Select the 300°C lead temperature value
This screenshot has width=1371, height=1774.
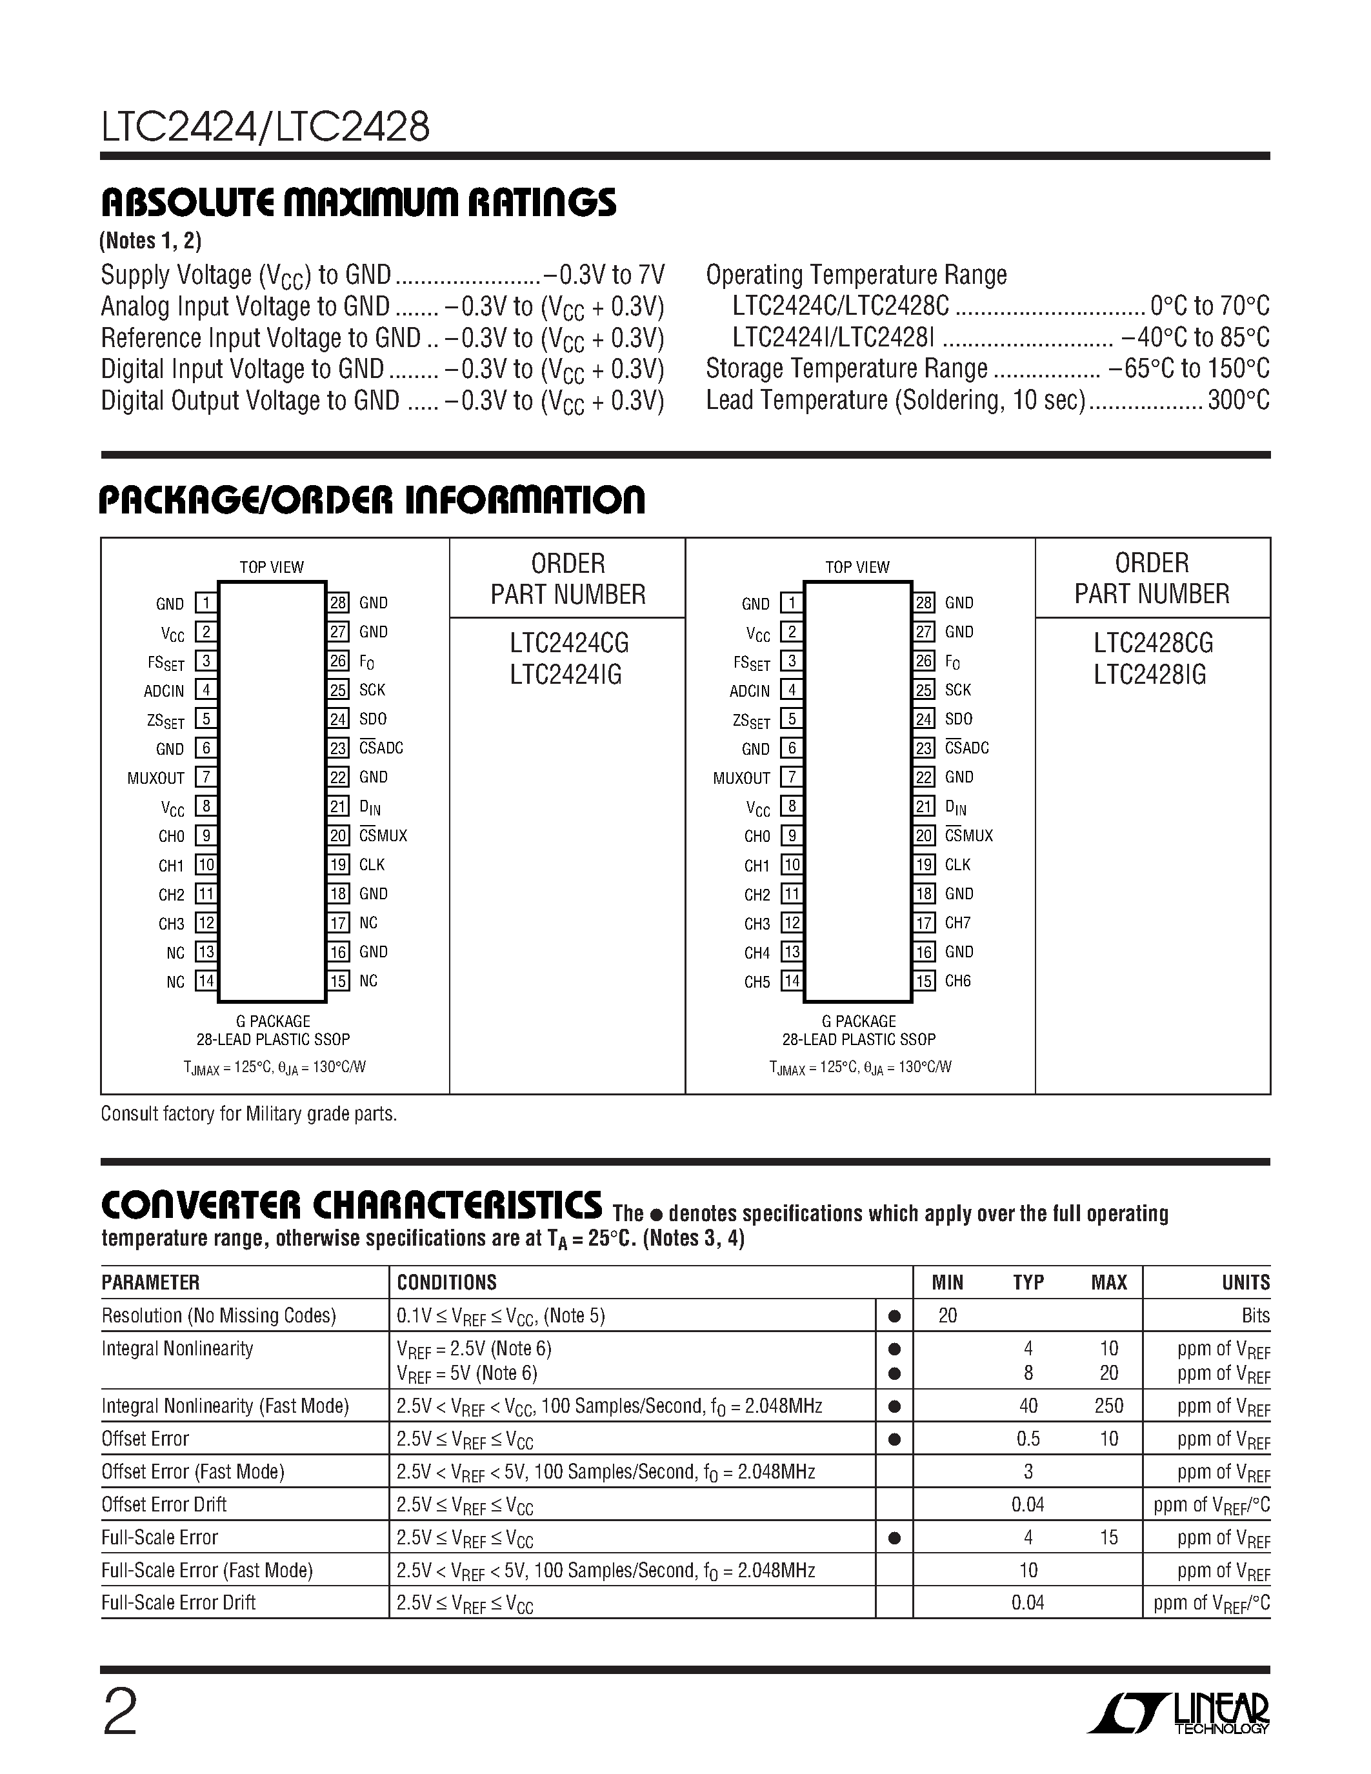click(1238, 401)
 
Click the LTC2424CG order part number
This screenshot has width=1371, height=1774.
click(568, 643)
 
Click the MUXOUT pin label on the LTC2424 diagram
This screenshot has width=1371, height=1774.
click(156, 778)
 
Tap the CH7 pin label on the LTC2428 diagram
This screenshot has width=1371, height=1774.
click(957, 922)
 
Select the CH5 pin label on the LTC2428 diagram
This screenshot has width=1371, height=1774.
click(756, 982)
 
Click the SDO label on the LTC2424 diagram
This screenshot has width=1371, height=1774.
click(373, 719)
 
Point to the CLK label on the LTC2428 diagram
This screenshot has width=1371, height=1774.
click(957, 865)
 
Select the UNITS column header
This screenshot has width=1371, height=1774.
click(1245, 1282)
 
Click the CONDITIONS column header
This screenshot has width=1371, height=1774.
click(446, 1282)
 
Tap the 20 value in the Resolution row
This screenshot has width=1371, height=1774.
click(947, 1316)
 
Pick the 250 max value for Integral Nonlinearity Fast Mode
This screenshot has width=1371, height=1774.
click(1108, 1406)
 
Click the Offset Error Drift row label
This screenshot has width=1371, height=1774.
click(163, 1504)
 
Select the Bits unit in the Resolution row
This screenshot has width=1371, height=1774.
click(1255, 1316)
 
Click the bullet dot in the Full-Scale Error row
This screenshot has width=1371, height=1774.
click(894, 1538)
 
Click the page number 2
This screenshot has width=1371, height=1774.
click(119, 1711)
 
